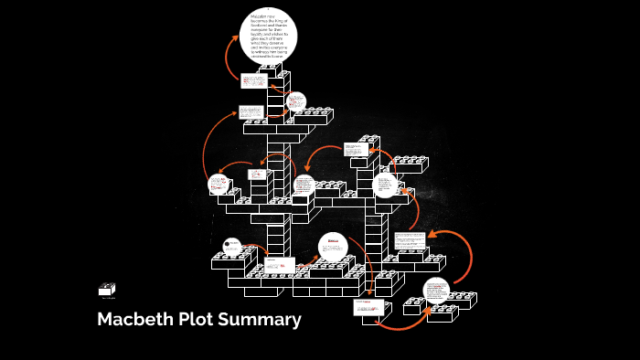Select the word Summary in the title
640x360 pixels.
point(259,320)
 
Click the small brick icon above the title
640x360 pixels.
point(108,289)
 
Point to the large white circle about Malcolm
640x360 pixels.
point(269,38)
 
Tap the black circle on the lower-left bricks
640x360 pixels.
point(232,246)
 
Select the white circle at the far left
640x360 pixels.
point(219,185)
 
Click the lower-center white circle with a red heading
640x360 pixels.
point(333,249)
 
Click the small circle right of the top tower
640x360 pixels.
point(294,101)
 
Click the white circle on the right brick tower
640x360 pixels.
point(386,186)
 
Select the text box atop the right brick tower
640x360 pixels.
point(355,148)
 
